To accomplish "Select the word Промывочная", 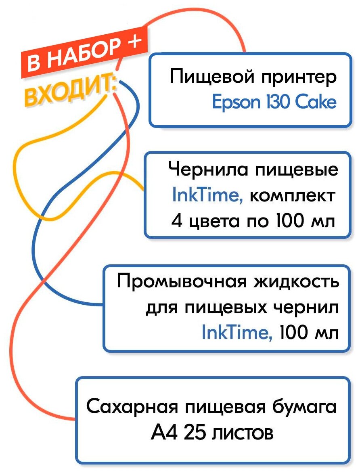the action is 181,281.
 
